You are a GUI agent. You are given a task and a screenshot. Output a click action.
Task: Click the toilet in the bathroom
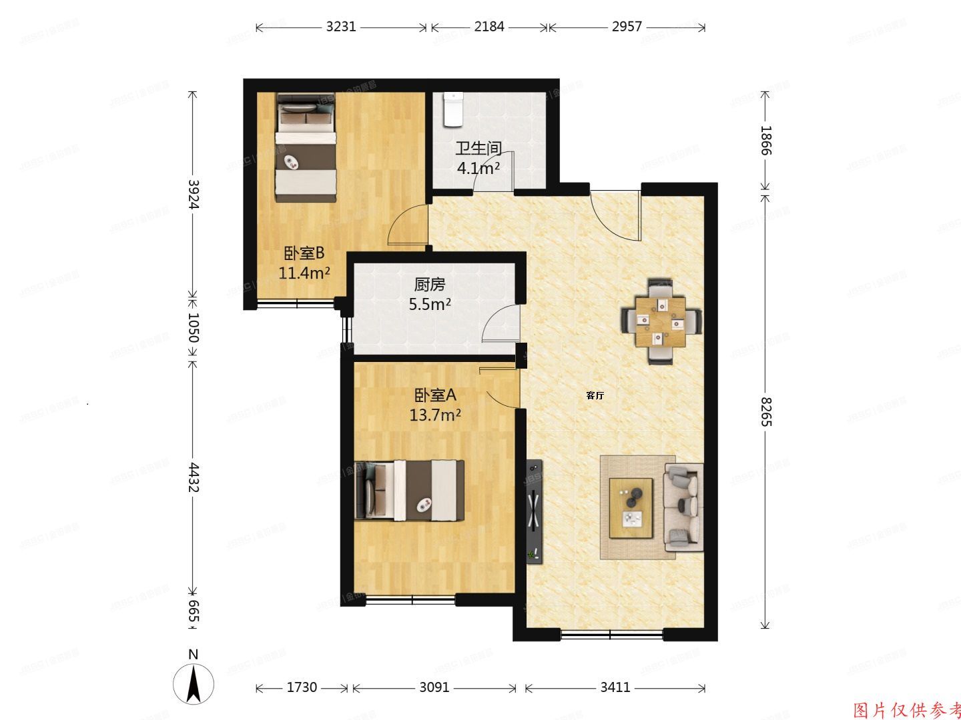pos(453,109)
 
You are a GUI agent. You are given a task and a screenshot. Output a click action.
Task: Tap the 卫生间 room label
pos(478,148)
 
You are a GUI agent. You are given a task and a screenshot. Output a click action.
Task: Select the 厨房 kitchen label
pos(429,285)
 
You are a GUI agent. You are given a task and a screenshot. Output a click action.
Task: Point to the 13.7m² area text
pos(435,415)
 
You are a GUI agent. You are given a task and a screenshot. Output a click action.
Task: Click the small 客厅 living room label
pos(595,395)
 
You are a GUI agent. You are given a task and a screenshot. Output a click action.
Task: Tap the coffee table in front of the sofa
pos(631,507)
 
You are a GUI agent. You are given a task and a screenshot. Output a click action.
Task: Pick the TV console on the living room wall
pos(534,512)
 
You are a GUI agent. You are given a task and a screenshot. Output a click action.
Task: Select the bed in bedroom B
pos(306,147)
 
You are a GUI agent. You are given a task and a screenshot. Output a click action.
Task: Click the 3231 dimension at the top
pos(341,27)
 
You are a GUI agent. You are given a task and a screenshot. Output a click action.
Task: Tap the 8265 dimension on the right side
pos(765,411)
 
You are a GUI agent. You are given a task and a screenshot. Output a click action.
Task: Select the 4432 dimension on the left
pos(194,477)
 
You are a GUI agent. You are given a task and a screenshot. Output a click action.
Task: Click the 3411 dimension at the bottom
pos(615,687)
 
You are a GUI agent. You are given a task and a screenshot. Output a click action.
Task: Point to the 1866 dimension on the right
pos(765,140)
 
